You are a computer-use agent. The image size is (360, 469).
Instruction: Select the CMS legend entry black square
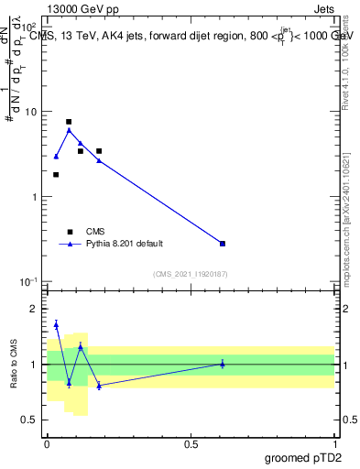[69, 232]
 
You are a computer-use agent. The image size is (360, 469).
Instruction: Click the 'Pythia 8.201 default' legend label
[124, 244]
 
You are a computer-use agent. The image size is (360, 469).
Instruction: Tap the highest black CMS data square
[69, 122]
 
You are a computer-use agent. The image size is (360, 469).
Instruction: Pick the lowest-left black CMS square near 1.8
[56, 174]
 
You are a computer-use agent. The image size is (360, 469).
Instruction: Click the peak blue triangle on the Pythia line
[69, 130]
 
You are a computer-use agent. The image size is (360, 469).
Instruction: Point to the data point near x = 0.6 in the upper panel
[223, 243]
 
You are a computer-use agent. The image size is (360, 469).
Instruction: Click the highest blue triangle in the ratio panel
[56, 324]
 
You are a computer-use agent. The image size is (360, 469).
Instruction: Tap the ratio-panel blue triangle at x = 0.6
[223, 364]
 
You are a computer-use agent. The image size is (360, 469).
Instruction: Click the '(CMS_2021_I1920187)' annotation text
[190, 274]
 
